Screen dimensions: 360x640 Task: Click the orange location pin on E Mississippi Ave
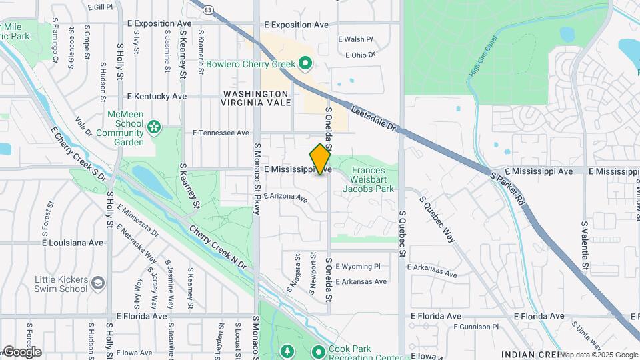321,159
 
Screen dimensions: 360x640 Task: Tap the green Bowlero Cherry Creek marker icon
306,64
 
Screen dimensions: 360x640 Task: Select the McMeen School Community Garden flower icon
154,126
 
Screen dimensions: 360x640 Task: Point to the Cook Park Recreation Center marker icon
319,351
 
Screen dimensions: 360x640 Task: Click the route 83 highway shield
208,9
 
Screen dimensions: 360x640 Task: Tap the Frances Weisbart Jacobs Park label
368,179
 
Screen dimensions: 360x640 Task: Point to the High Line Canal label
482,57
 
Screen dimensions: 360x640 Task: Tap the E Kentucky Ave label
157,96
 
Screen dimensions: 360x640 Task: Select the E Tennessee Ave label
221,133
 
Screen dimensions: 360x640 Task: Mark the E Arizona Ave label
285,197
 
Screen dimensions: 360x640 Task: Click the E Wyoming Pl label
358,266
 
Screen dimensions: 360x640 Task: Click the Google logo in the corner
21,352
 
